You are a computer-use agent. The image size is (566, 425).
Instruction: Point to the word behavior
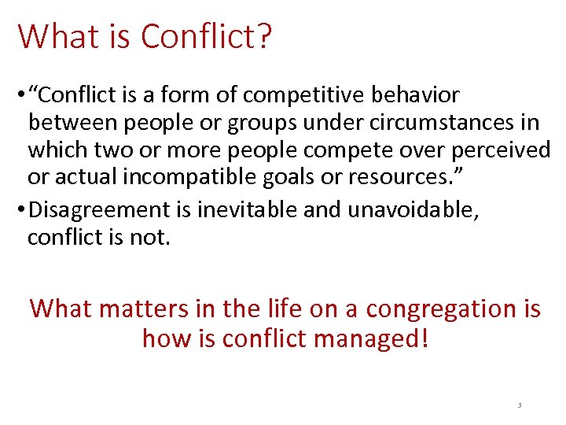click(x=417, y=95)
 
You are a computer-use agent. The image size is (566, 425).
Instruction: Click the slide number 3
click(x=519, y=405)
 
